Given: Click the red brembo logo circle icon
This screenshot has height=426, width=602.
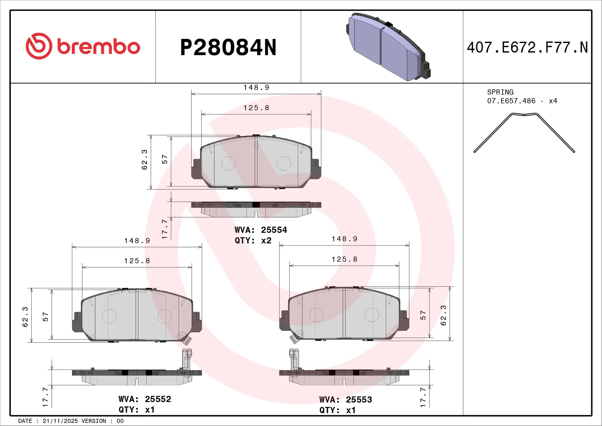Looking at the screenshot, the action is pyautogui.click(x=39, y=46).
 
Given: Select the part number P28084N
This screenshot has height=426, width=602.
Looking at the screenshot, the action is pyautogui.click(x=228, y=48).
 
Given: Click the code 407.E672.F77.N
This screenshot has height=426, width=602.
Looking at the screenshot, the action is pyautogui.click(x=527, y=48).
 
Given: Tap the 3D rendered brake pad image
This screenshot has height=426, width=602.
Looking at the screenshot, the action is pyautogui.click(x=388, y=47).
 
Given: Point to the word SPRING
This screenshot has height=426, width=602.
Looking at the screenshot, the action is pyautogui.click(x=500, y=92).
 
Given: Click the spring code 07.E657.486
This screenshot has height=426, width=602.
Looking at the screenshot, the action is pyautogui.click(x=511, y=101).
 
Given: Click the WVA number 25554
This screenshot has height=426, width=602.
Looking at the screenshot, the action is pyautogui.click(x=274, y=230).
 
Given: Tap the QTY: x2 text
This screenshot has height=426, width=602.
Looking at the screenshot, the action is pyautogui.click(x=253, y=241).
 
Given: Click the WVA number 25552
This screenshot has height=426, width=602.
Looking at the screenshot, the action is pyautogui.click(x=158, y=399).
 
